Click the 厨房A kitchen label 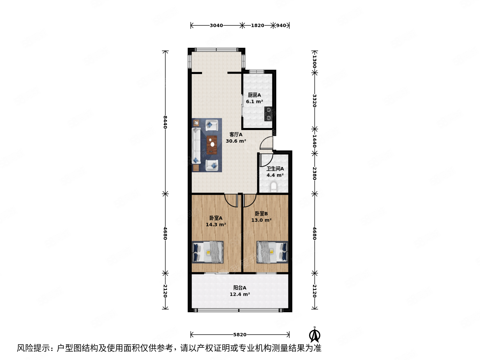pos(254,95)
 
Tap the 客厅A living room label pos(236,135)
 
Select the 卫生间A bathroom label pos(275,169)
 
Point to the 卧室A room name pos(216,218)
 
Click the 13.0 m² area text pos(261,220)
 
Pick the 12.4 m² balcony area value pos(240,294)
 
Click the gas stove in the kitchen pos(268,113)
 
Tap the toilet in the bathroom pos(274,187)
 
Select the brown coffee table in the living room pos(212,145)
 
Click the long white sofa pos(197,146)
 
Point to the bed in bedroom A pos(208,252)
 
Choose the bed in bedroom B pos(272,252)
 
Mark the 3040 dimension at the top pos(216,25)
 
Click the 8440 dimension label pos(165,122)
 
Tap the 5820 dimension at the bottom pos(240,335)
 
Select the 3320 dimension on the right pos(314,101)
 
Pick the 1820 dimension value pos(257,25)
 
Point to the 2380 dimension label pos(314,173)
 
